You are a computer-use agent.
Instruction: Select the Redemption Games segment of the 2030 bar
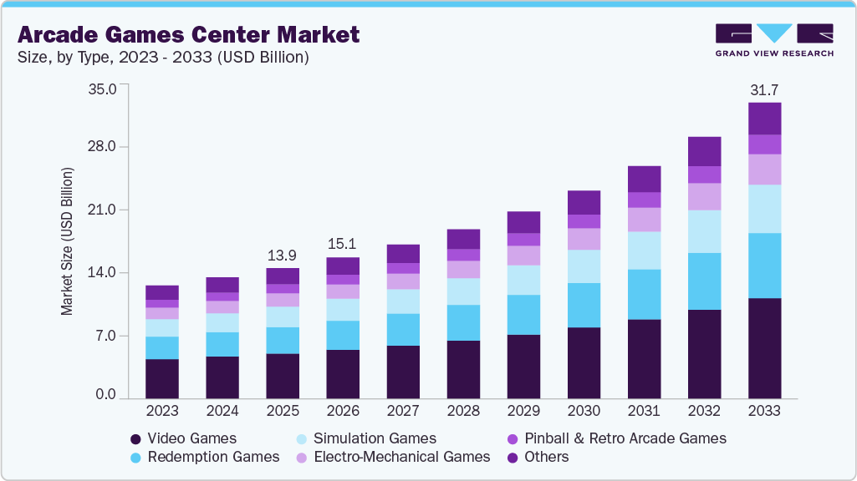(584, 305)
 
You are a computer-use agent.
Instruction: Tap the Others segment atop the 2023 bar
(162, 292)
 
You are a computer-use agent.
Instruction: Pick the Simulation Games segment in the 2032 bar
(704, 231)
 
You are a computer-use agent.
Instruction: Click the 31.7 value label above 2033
(764, 89)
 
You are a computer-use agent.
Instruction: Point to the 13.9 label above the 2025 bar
(283, 254)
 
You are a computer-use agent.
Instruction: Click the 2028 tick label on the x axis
(463, 411)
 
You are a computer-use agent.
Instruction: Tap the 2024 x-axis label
(222, 411)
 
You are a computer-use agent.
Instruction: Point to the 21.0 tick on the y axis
(103, 210)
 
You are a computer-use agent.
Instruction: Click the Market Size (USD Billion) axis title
(67, 241)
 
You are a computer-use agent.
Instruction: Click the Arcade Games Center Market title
(188, 34)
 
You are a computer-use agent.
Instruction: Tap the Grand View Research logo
(774, 39)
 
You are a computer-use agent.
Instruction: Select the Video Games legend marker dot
(135, 438)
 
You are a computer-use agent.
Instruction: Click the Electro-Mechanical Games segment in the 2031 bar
(644, 219)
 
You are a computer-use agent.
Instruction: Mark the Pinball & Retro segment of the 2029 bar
(523, 239)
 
